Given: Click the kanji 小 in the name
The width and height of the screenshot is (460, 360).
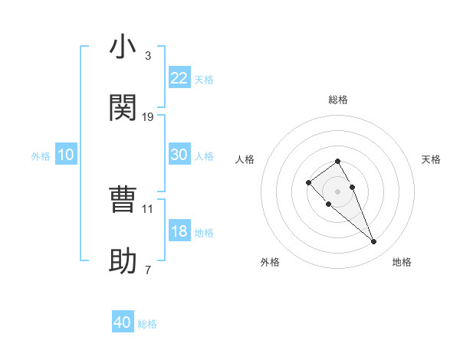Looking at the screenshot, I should tap(123, 47).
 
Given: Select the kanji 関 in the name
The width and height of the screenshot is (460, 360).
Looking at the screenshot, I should tap(123, 108).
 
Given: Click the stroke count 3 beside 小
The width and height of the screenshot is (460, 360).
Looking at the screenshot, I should tap(147, 56).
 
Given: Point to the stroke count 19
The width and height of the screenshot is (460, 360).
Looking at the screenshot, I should tap(148, 117).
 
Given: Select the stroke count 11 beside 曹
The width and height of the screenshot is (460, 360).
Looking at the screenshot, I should tap(148, 208).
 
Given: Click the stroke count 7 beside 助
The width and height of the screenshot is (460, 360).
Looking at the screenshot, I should tap(147, 270).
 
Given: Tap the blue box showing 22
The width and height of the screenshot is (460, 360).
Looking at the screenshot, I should tap(179, 78).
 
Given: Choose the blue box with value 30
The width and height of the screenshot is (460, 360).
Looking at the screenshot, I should tap(179, 155).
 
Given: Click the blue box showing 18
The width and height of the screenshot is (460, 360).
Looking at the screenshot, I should tap(179, 231).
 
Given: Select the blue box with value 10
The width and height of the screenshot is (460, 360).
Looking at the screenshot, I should tap(66, 155).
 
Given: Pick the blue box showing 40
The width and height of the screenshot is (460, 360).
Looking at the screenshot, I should tap(123, 322).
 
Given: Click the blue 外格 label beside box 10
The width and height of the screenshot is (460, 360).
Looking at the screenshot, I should tap(41, 156).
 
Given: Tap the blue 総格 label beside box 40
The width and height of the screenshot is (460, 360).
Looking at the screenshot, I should tap(147, 324).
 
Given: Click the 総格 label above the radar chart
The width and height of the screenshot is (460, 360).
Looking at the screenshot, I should tap(338, 100).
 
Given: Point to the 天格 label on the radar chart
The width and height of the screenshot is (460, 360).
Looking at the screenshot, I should tap(431, 159).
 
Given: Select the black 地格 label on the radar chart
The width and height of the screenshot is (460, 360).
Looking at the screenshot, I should tap(402, 262).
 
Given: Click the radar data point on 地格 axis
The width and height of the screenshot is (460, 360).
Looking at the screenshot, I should tap(374, 242).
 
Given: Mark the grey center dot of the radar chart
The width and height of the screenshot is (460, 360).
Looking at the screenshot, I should tap(338, 191).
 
